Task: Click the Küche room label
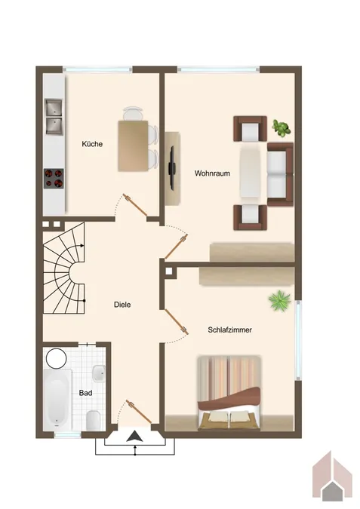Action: coord(94,144)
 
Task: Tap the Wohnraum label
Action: coord(212,173)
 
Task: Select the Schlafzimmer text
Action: coord(230,330)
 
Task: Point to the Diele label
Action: coord(122,305)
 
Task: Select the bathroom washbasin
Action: coord(99,373)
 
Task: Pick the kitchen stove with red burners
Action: coord(54,178)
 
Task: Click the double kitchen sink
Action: coord(54,115)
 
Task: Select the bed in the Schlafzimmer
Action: coord(229,393)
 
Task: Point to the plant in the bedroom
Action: coord(279,301)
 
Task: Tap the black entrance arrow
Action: coord(134,436)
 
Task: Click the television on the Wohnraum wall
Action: coord(173,167)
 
